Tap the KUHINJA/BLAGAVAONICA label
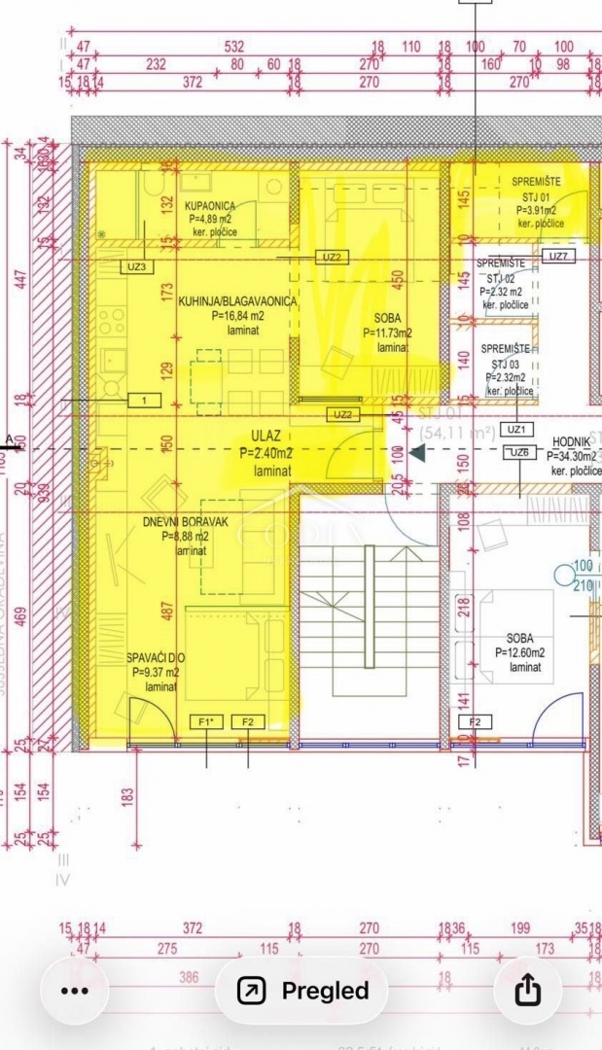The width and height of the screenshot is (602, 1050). (237, 301)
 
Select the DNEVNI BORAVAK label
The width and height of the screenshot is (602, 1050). (185, 522)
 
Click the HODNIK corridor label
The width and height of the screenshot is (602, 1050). (572, 441)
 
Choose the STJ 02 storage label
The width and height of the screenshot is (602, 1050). (504, 278)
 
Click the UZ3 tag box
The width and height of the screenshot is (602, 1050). (137, 266)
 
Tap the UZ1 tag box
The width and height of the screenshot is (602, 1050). (515, 429)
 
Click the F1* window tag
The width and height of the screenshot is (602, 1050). (206, 721)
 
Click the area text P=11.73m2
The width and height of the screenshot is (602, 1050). (387, 332)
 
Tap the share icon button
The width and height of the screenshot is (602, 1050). (526, 990)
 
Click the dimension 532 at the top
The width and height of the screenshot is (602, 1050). (233, 47)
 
